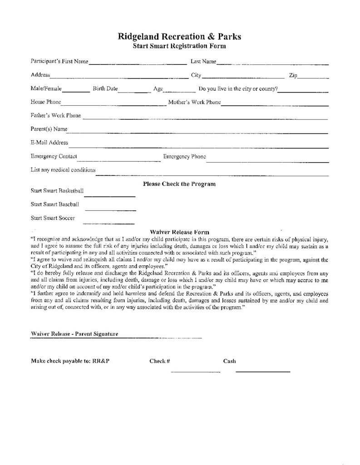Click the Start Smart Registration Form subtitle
coord(179,46)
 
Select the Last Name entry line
coord(272,64)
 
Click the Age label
coord(158,89)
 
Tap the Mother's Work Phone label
coord(194,103)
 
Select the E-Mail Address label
coord(49,143)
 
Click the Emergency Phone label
coord(184,157)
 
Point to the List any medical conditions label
coord(63,170)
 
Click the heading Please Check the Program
coord(179,184)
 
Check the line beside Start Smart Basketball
coord(110,196)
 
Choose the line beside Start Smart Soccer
coord(108,223)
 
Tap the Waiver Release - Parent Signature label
coord(74,334)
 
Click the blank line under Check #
coord(195,371)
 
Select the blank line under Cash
coord(262,371)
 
